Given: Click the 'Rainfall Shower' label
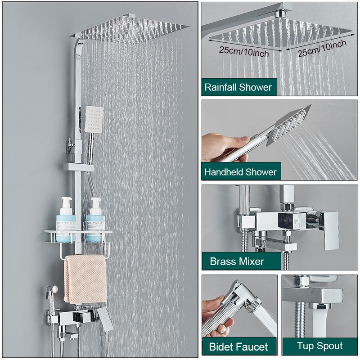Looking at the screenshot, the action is point(238,87).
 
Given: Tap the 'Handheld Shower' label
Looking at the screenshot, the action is point(240,172).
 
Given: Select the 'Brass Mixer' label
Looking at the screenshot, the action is point(237,261).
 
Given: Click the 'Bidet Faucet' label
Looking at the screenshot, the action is point(238,346).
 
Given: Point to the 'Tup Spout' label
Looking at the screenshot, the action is point(319,346).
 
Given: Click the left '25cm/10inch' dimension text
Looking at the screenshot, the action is point(244,52).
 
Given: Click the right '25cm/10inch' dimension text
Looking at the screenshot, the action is point(322,49).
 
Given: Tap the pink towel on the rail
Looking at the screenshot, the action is point(85,279).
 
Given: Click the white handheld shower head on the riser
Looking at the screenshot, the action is point(94,119).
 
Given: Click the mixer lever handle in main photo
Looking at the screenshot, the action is point(105,318).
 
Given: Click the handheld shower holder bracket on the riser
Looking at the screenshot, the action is point(78,167).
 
